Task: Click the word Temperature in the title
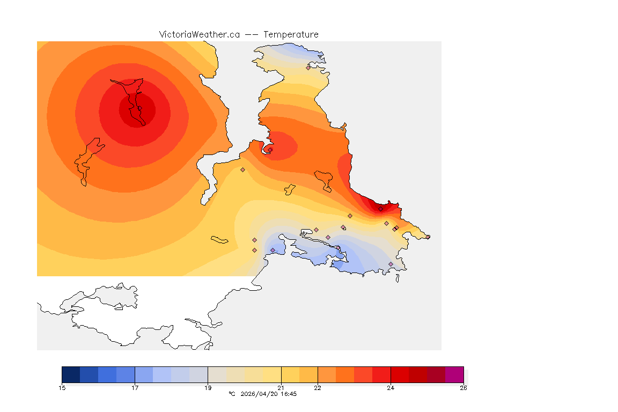point(291,34)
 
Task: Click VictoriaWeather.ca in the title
point(199,34)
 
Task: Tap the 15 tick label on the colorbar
point(62,388)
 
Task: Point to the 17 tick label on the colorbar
point(135,388)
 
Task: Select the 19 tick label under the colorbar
point(208,388)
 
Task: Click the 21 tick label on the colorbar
point(281,388)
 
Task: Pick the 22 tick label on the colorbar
point(318,388)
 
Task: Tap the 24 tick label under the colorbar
point(391,388)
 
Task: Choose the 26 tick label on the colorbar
point(463,388)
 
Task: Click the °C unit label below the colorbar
point(232,394)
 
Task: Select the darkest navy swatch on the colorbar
point(71,374)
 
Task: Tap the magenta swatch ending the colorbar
point(454,374)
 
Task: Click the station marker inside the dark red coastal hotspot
point(380,209)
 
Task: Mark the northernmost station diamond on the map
point(308,68)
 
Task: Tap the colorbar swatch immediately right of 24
point(399,374)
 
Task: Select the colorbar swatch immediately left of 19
point(198,374)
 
